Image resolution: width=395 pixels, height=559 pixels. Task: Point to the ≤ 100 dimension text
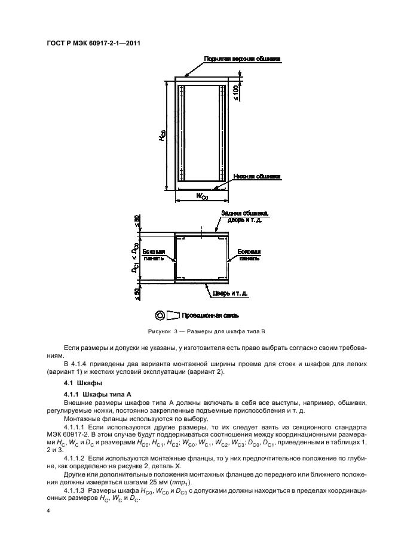[237, 93]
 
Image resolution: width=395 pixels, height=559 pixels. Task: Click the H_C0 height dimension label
[162, 137]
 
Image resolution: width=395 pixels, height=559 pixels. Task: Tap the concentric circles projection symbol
[160, 315]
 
